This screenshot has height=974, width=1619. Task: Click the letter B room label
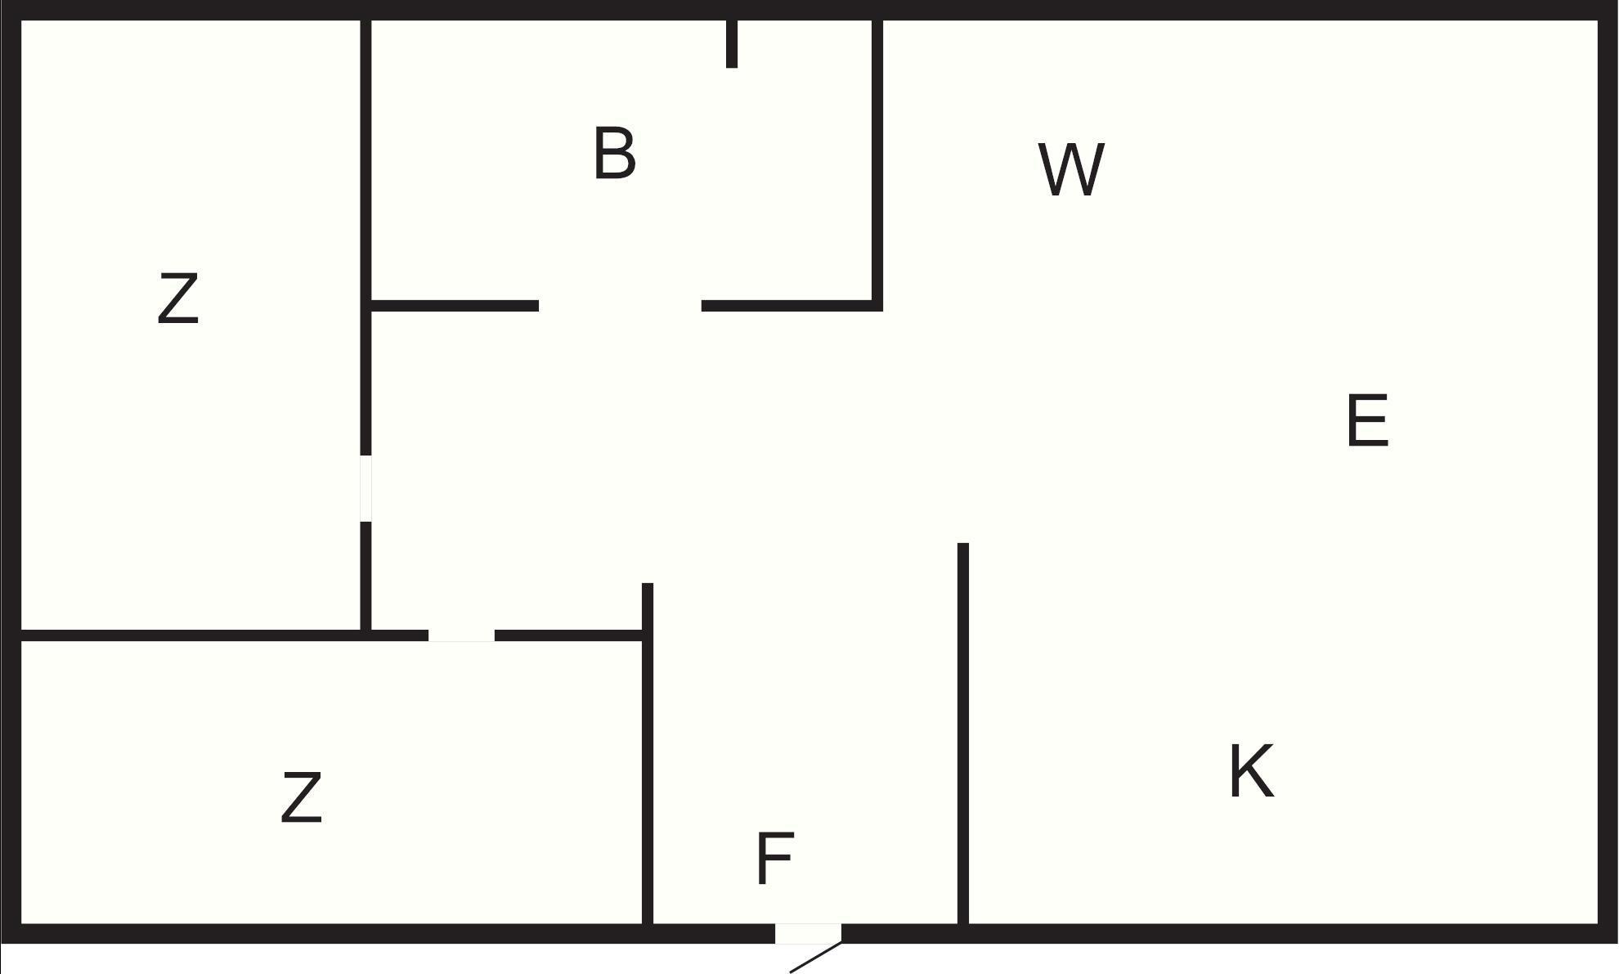pos(615,153)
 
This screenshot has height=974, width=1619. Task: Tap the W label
pos(1071,169)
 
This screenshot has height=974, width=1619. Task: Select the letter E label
pos(1367,420)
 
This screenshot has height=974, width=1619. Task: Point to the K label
pos(1251,771)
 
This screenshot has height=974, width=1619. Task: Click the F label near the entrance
pos(774,858)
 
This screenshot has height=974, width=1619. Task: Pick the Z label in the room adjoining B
pos(178,299)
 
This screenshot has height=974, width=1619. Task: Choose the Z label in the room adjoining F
pos(301,797)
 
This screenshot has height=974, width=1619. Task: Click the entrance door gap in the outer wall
pos(808,933)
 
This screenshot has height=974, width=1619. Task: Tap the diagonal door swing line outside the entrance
pos(816,958)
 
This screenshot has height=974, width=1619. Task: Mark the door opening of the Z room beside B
pos(366,488)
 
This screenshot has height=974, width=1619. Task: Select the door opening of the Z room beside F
pos(461,635)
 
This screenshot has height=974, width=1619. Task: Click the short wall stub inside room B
pos(732,43)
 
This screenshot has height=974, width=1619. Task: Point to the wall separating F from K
pos(963,734)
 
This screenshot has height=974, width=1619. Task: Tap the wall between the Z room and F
pos(648,754)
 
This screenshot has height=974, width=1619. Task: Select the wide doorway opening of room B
pos(620,306)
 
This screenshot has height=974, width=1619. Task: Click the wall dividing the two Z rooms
pos(191,635)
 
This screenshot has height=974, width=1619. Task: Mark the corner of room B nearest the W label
pos(877,306)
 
